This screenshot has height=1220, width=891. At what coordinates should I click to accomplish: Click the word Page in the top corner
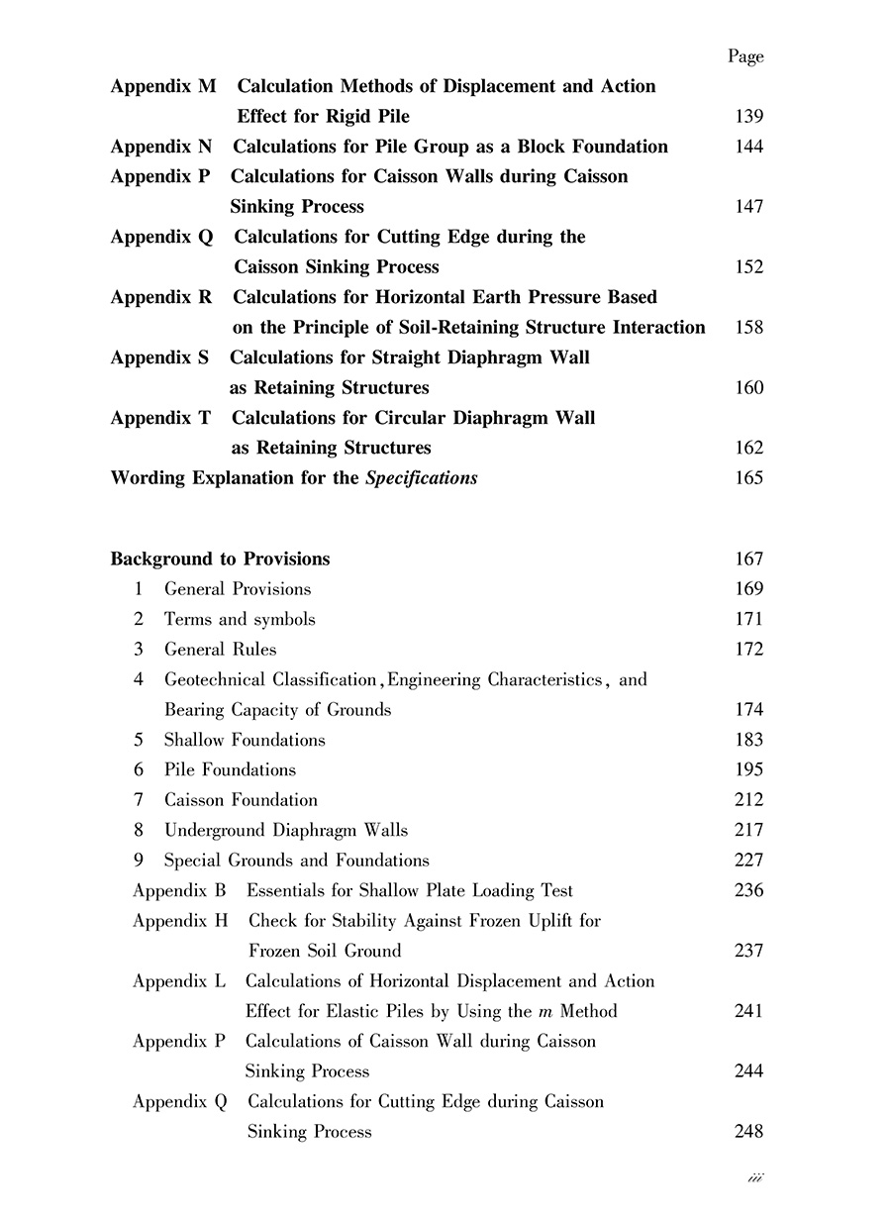click(x=745, y=56)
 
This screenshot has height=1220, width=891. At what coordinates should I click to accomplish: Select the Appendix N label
click(x=161, y=147)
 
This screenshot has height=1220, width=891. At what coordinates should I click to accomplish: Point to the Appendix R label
click(x=161, y=297)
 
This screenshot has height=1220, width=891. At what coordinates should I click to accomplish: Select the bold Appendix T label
click(x=160, y=418)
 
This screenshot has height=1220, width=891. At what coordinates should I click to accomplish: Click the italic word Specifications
click(x=422, y=478)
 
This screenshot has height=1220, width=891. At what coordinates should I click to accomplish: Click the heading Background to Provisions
click(x=220, y=559)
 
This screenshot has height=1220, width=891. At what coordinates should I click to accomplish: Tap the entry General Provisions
click(x=238, y=589)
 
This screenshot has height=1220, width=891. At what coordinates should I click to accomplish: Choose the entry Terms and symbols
click(x=240, y=619)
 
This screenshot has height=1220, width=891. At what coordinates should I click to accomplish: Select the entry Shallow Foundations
click(x=245, y=740)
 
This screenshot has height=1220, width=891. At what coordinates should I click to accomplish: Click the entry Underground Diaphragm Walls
click(x=286, y=830)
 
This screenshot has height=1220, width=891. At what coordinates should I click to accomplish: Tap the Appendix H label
click(x=180, y=921)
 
